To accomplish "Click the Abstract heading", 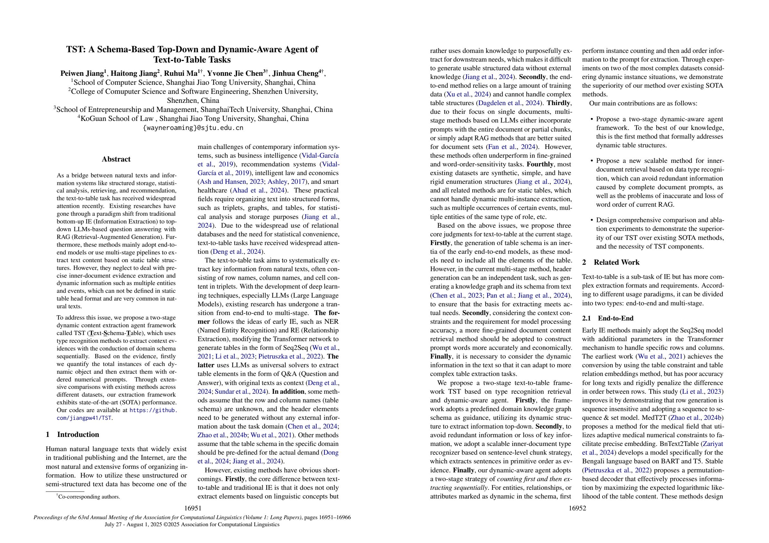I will pos(116,159).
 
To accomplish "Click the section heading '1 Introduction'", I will pos(72,435).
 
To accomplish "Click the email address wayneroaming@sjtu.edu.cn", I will pos(193,127).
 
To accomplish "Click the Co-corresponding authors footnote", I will pos(88,497).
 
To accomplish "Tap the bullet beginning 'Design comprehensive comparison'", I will pos(660,220).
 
